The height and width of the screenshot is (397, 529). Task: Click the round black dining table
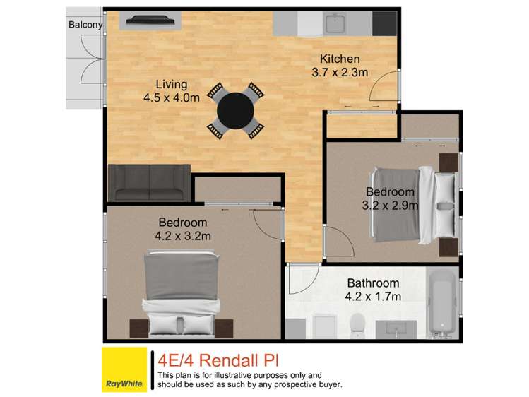tap(236, 109)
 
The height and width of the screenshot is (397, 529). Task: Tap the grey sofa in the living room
tap(149, 182)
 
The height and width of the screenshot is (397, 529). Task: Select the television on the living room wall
tap(149, 21)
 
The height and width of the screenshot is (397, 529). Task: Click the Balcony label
tap(85, 25)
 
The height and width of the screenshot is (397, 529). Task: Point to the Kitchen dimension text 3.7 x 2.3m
tap(340, 72)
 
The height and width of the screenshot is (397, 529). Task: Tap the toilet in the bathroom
tap(357, 324)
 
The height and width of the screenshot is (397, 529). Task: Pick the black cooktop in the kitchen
tap(385, 24)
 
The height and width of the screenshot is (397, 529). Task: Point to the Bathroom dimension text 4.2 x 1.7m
tap(374, 297)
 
